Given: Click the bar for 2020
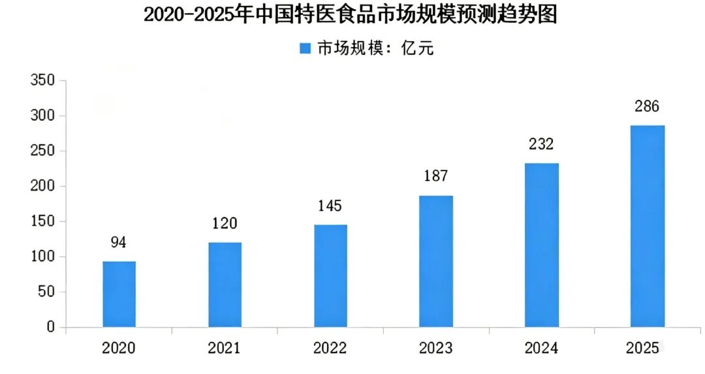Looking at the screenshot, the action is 119,294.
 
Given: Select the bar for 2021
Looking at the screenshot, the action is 225,285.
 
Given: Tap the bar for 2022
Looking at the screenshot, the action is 330,275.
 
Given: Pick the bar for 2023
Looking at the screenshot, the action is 436,261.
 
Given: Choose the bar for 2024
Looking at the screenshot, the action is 542,245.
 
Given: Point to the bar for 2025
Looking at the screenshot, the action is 648,226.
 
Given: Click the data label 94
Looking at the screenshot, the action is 119,242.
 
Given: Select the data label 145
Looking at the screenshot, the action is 330,206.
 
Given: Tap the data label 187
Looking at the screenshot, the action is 435,176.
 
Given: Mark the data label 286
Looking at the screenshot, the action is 647,106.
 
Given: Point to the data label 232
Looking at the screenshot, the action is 541,144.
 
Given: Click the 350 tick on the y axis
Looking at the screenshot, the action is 42,80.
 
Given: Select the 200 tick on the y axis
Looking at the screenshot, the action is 42,186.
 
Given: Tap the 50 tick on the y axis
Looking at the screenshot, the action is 46,292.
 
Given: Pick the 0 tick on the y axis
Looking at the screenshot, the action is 50,327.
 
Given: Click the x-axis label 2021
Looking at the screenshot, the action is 225,348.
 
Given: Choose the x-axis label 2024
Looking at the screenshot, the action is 541,348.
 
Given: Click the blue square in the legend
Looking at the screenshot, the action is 305,48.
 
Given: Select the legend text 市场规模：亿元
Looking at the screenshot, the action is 375,48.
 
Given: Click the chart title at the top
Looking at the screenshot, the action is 351,14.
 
